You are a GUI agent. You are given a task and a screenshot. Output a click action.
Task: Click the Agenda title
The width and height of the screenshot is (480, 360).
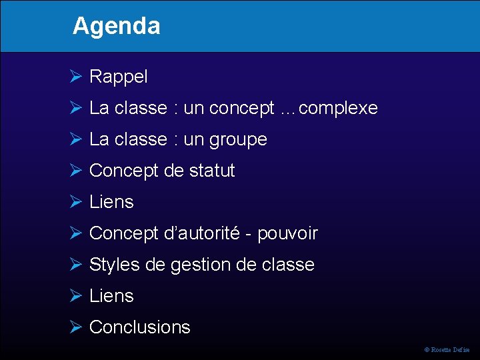click(117, 26)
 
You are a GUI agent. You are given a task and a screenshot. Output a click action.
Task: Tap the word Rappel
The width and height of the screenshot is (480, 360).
click(119, 77)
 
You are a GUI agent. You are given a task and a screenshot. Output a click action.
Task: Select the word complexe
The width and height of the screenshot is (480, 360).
click(339, 108)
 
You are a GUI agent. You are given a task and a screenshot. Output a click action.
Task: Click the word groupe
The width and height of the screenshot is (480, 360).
click(238, 140)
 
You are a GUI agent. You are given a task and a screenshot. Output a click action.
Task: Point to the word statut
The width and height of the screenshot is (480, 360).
click(212, 171)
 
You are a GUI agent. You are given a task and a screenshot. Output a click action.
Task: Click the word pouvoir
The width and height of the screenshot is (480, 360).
click(287, 234)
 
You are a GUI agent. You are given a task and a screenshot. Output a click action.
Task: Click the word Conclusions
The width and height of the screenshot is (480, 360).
click(140, 327)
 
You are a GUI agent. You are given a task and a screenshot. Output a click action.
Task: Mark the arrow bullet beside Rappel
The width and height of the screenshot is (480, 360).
click(75, 77)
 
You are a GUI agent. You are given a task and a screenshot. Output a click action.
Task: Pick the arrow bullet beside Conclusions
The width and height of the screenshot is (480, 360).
click(75, 327)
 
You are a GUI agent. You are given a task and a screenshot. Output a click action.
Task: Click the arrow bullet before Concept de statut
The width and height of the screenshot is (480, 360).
click(75, 171)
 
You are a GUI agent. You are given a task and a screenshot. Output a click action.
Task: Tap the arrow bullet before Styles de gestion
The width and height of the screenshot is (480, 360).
click(75, 265)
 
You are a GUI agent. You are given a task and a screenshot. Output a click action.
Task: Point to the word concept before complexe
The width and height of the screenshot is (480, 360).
click(241, 108)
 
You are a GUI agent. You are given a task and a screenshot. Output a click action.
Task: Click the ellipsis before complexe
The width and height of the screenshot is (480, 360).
click(288, 109)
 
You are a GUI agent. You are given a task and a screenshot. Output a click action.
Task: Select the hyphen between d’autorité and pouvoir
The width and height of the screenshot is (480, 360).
click(249, 234)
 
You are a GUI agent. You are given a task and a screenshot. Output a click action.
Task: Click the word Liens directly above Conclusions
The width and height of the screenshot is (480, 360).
click(111, 296)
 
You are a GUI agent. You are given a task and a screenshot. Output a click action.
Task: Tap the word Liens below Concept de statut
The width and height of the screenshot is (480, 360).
click(111, 202)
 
